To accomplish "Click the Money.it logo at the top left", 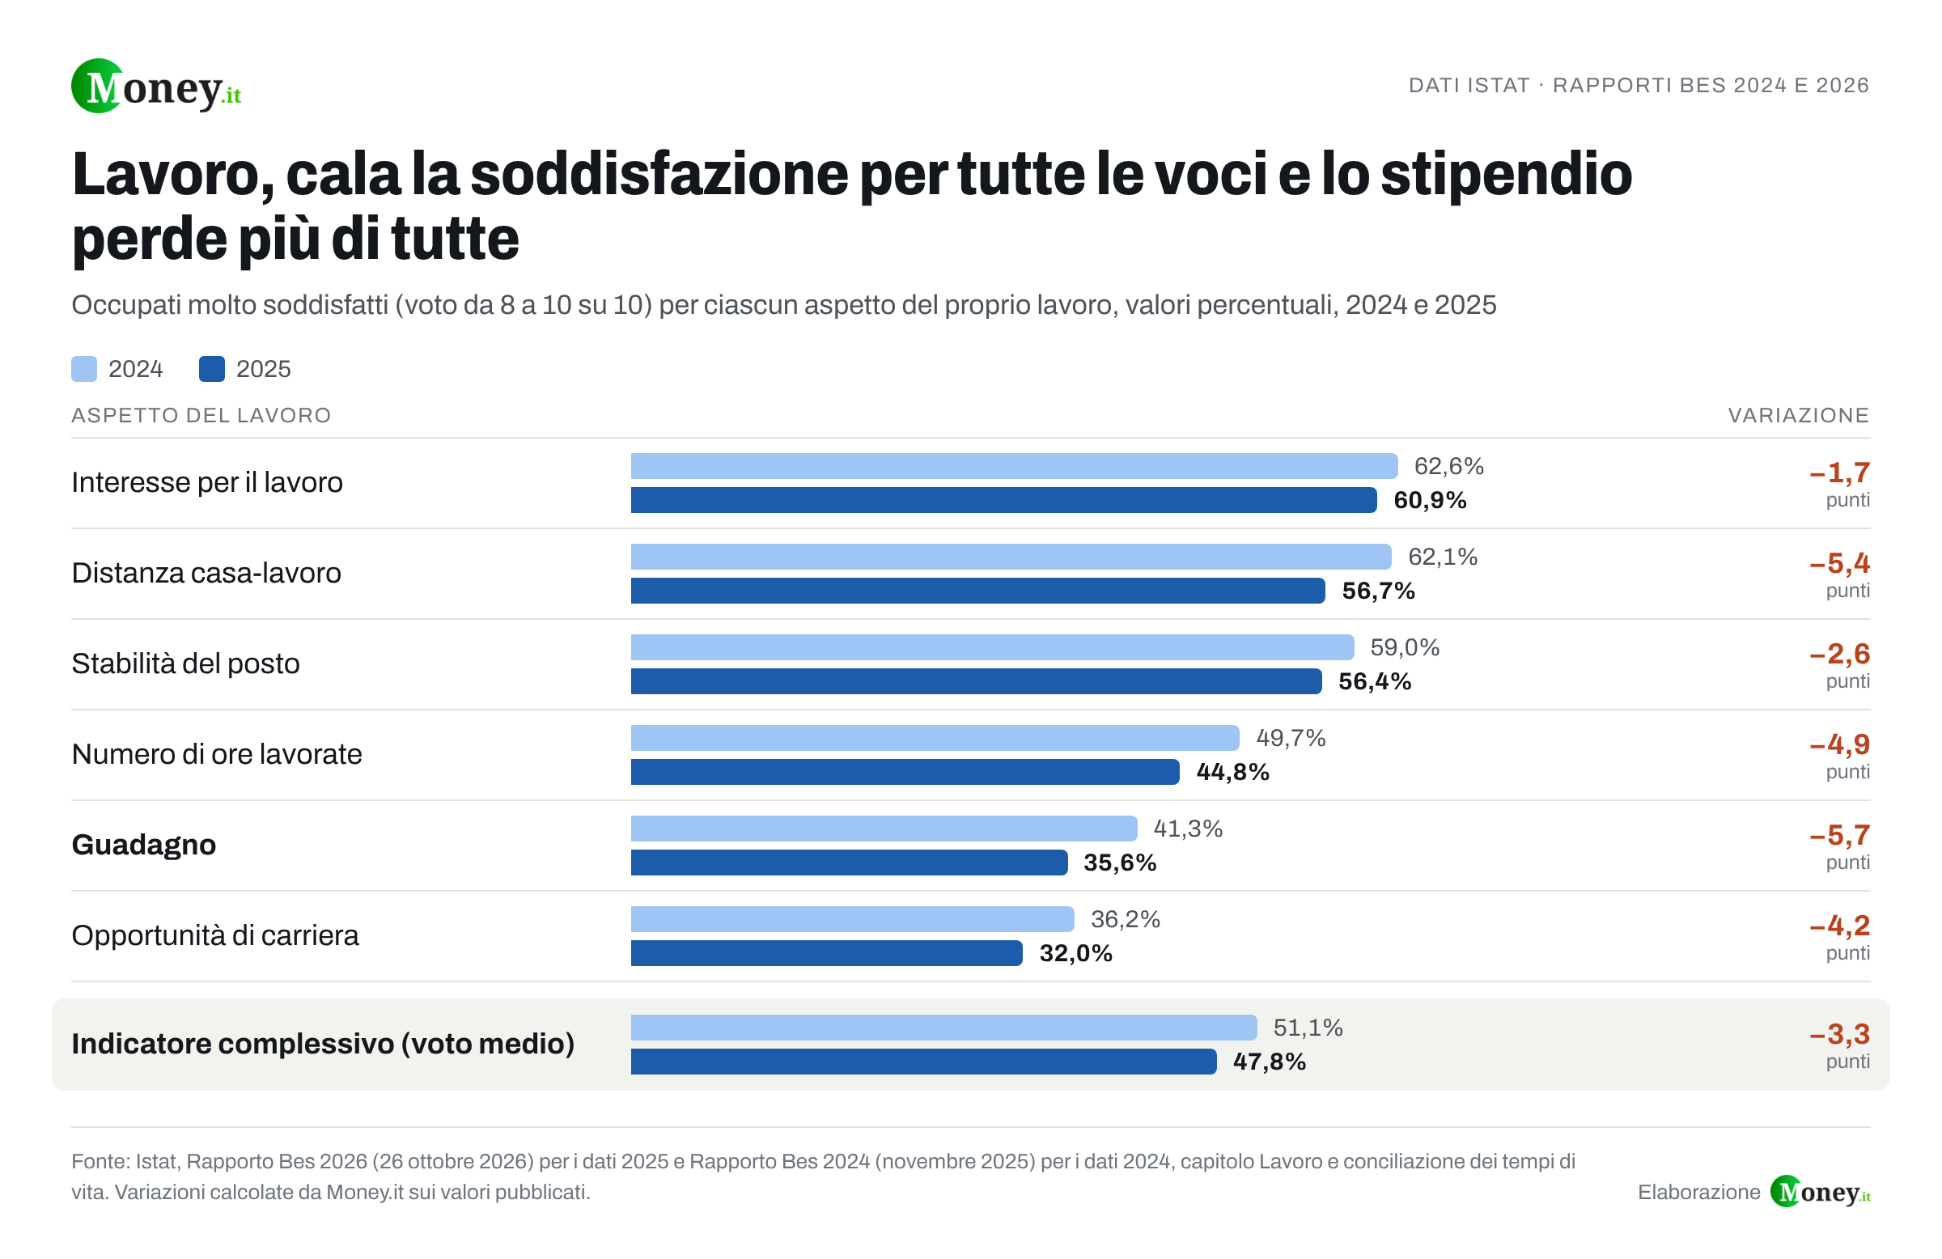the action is pyautogui.click(x=156, y=87).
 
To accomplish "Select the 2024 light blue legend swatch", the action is pyautogui.click(x=84, y=369).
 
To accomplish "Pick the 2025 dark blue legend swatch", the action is pyautogui.click(x=212, y=369).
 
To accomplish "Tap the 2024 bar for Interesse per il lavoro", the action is pyautogui.click(x=1014, y=466).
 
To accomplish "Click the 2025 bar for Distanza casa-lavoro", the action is pyautogui.click(x=977, y=591).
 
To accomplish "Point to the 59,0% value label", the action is pyautogui.click(x=1405, y=647).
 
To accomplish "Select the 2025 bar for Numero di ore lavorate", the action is pyautogui.click(x=905, y=772).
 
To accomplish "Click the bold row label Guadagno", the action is pyautogui.click(x=143, y=845).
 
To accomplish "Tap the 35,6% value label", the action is pyautogui.click(x=1121, y=863).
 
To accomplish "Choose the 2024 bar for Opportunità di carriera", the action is pyautogui.click(x=853, y=918).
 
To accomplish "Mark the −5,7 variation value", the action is pyautogui.click(x=1840, y=835).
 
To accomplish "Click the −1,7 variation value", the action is pyautogui.click(x=1840, y=473).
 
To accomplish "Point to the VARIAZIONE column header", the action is pyautogui.click(x=1799, y=415).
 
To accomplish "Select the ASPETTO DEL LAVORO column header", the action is pyautogui.click(x=201, y=415).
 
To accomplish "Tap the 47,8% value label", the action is pyautogui.click(x=1270, y=1062).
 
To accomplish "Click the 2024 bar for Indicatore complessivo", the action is pyautogui.click(x=944, y=1028).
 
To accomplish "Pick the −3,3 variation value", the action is pyautogui.click(x=1840, y=1034).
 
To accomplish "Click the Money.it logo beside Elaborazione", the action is pyautogui.click(x=1821, y=1192).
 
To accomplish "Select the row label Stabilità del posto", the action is pyautogui.click(x=186, y=663).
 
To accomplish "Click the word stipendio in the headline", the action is pyautogui.click(x=1507, y=175).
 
